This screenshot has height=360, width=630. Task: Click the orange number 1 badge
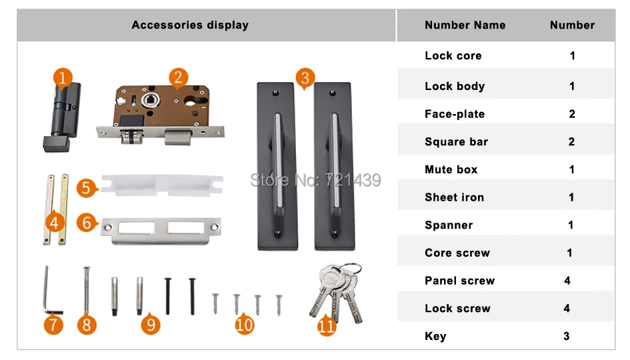[63, 77]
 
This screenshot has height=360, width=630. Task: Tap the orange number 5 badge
[86, 188]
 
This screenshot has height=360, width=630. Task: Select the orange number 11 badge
[326, 325]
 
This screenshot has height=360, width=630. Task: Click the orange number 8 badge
[87, 325]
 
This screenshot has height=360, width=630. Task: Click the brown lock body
[161, 114]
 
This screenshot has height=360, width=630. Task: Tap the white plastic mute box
[161, 185]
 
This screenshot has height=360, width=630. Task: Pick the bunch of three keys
[337, 293]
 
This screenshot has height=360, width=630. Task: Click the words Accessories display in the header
[190, 25]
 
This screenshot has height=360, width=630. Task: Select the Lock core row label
[453, 55]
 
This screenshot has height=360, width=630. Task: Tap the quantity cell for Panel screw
[567, 281]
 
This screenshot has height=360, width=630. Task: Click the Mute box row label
[451, 169]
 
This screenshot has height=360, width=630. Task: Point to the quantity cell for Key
[567, 336]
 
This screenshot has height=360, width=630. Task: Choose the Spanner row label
[449, 225]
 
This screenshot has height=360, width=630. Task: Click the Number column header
[572, 25]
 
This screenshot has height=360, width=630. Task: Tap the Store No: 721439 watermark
[315, 180]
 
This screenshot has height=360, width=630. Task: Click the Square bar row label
[456, 141]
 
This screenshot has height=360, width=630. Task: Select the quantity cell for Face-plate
[572, 114]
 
